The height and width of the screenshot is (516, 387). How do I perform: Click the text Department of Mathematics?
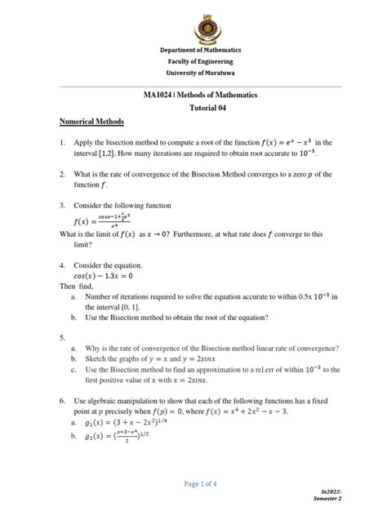pos(193,50)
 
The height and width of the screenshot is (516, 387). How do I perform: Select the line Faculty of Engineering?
pos(193,61)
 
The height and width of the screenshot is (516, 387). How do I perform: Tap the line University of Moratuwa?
pos(193,73)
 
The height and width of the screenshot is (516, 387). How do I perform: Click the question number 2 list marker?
pos(62,175)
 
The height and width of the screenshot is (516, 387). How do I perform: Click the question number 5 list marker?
pos(62,336)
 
